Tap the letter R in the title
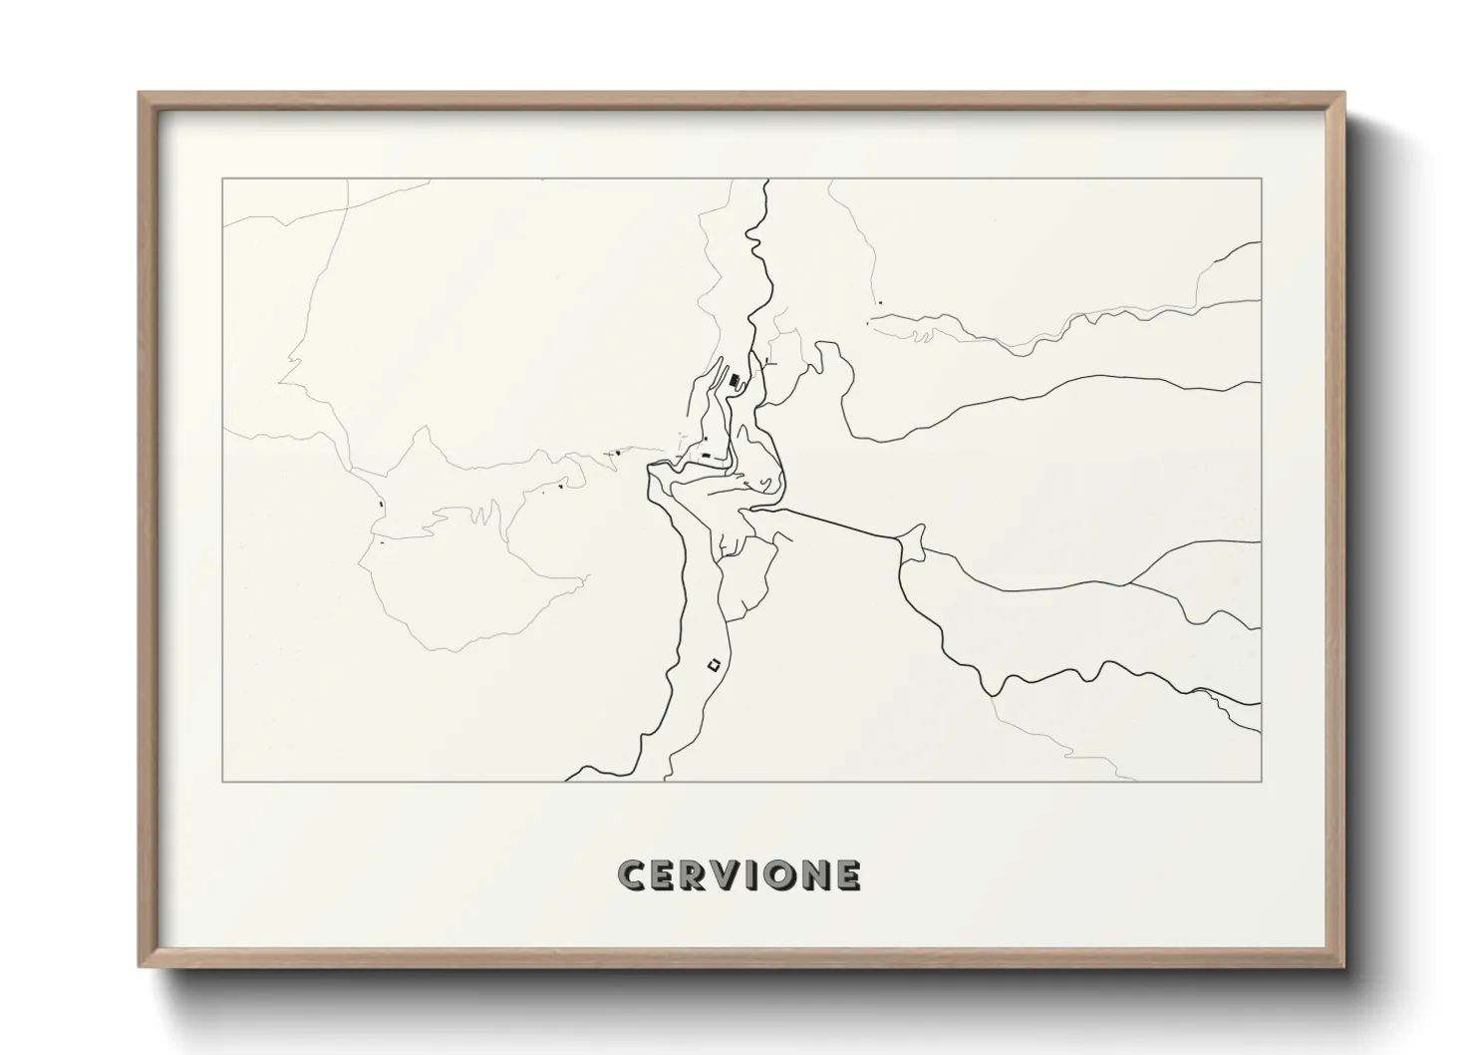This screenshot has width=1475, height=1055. pos(698,876)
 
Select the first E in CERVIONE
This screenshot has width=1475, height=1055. pos(666,876)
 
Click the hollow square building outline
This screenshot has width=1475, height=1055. pos(713,664)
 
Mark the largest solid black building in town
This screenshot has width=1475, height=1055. pos(736,380)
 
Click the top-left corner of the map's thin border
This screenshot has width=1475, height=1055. pos(222,178)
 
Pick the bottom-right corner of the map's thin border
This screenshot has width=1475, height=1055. pos(1262,781)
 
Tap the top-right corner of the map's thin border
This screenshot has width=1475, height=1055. pos(1262,178)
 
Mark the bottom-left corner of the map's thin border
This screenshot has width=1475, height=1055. pos(222,781)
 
